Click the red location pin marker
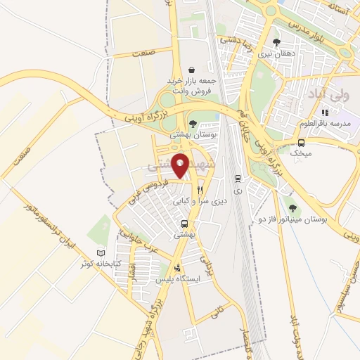[x=181, y=165]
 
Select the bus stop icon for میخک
[x=302, y=141]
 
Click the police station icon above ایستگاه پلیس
[x=177, y=267]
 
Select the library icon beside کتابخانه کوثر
[x=101, y=252]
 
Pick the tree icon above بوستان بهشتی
[x=193, y=123]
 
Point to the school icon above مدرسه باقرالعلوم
[x=324, y=112]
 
